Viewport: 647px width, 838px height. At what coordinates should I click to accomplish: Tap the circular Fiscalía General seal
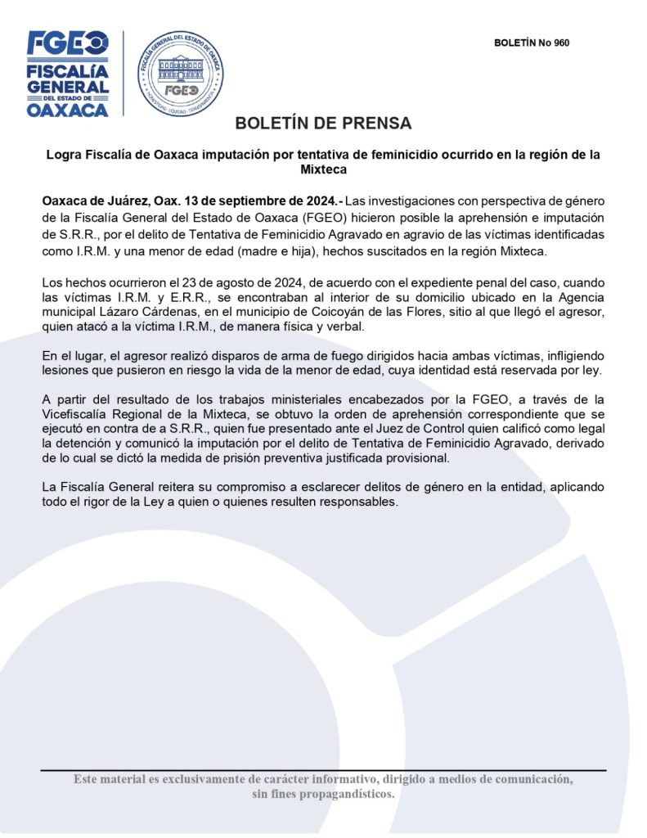[x=180, y=74]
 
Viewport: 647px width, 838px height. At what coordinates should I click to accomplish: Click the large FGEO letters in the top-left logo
[x=67, y=43]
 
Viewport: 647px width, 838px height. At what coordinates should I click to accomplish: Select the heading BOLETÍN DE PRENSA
[x=323, y=124]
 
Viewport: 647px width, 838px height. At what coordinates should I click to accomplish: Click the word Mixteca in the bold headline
[x=323, y=169]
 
